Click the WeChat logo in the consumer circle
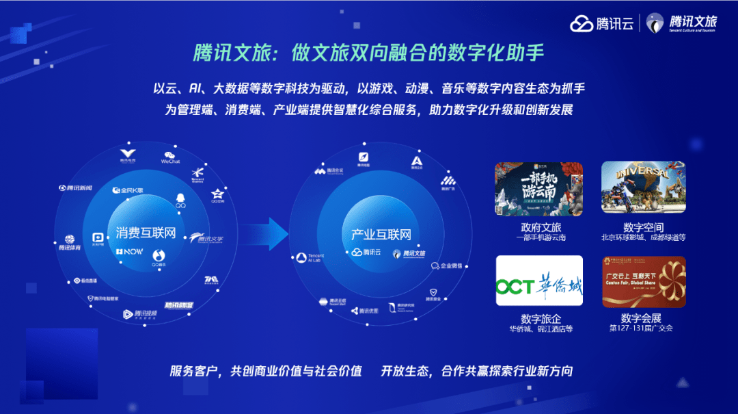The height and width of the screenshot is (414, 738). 171,157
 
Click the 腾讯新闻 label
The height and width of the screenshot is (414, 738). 75,187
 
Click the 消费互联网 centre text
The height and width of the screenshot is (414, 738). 146,233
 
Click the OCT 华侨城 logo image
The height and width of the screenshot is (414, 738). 538,281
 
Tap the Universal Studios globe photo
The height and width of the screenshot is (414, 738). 642,188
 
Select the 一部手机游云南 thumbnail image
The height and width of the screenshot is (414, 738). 538,188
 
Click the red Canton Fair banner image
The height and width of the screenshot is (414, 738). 642,281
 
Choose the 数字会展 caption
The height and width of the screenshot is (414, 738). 641,318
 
